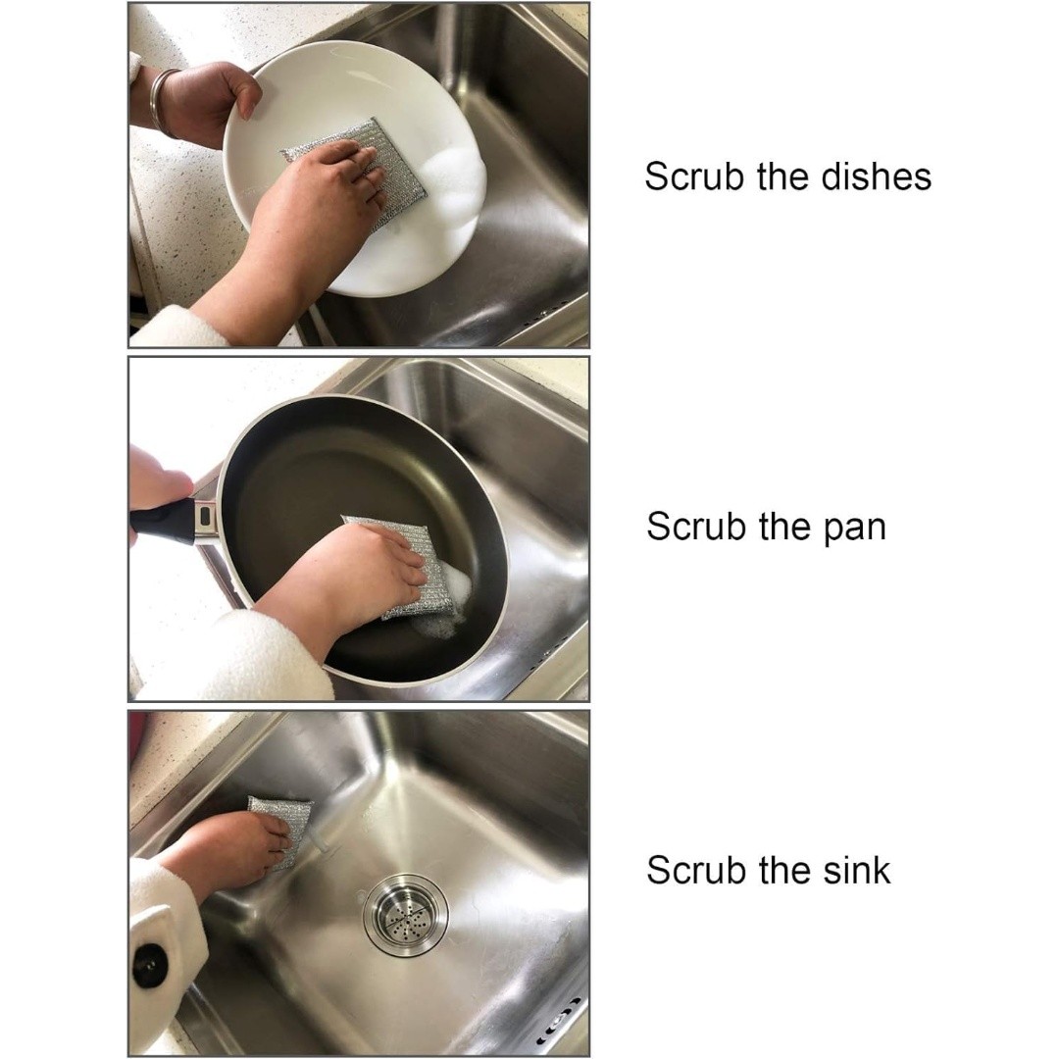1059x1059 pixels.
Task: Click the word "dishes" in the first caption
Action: coord(876,176)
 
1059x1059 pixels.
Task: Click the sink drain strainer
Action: coord(405,915)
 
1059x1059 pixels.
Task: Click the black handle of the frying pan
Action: coord(163,522)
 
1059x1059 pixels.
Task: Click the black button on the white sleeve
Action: coord(149,965)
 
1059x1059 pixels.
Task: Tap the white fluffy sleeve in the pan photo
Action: coord(236,659)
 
